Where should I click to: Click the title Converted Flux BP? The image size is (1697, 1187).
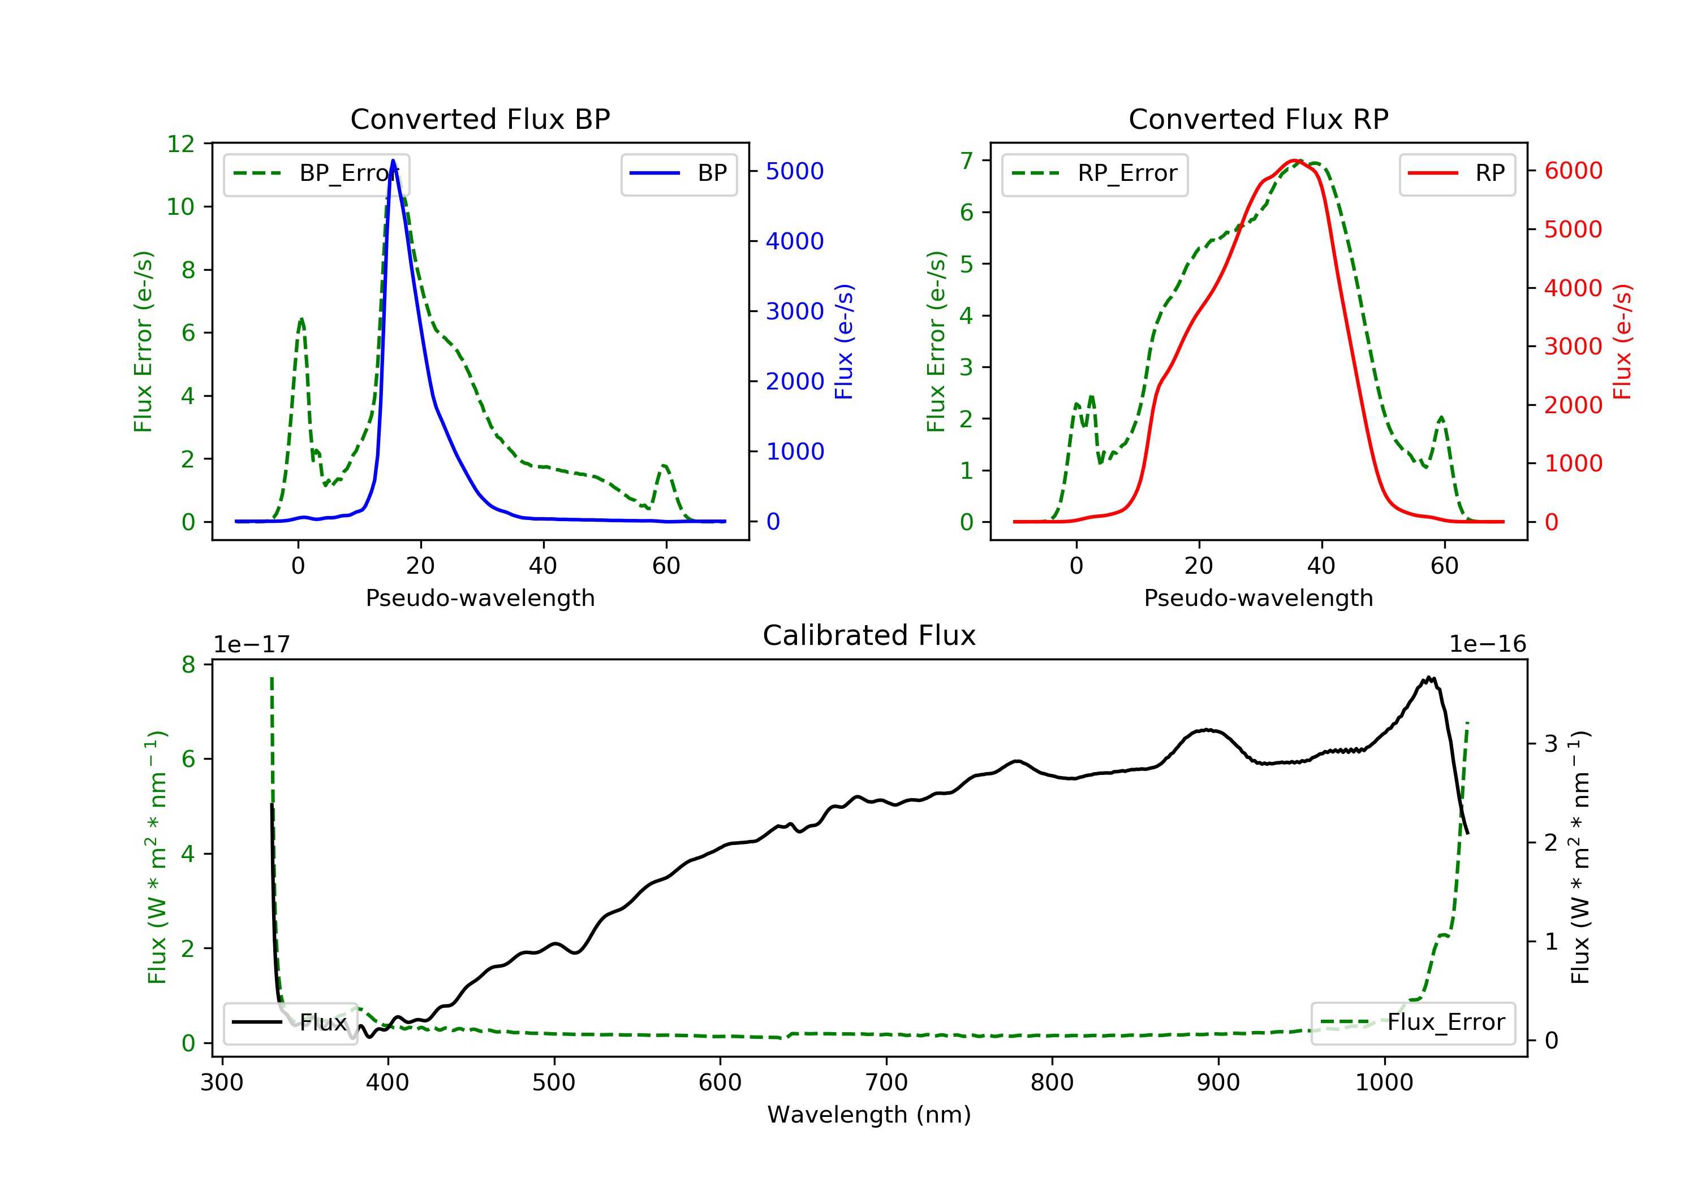tap(480, 119)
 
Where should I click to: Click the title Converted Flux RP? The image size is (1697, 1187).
tap(1258, 119)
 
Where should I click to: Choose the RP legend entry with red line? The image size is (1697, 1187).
tap(1457, 174)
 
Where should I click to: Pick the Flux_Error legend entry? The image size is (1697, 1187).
tap(1413, 1023)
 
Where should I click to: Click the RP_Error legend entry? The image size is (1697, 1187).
tap(1095, 174)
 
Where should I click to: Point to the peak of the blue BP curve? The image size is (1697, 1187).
tap(393, 161)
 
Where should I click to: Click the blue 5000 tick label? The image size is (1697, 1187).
tap(795, 171)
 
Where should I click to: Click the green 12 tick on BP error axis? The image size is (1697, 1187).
tap(181, 144)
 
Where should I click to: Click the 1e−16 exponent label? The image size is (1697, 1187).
tap(1487, 644)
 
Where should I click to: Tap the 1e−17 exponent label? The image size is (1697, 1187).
tap(251, 644)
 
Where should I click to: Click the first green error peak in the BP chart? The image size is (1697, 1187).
tap(301, 319)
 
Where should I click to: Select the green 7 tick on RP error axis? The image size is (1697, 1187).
tap(966, 161)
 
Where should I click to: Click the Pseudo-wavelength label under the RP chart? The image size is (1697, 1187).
tap(1258, 597)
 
